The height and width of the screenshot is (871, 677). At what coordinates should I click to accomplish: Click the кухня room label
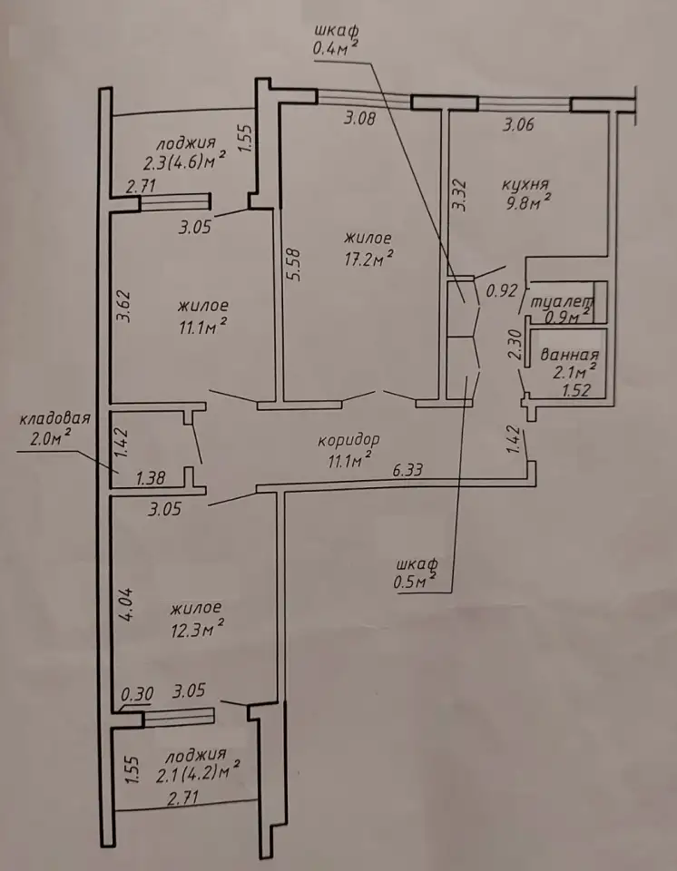(525, 184)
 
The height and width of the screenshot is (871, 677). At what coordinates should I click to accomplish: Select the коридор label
(349, 440)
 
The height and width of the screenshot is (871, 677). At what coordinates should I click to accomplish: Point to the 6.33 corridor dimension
(407, 471)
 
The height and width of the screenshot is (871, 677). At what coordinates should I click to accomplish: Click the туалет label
(562, 303)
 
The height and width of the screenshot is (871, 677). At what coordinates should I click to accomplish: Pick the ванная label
(570, 355)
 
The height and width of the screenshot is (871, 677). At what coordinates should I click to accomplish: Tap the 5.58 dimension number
(295, 264)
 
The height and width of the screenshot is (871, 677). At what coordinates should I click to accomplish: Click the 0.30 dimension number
(138, 694)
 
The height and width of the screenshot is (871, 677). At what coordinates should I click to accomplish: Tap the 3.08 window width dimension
(360, 118)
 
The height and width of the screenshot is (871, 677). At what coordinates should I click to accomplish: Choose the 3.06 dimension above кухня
(518, 124)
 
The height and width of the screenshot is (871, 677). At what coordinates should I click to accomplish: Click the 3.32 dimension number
(459, 194)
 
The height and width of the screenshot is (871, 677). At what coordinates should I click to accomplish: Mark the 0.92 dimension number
(502, 290)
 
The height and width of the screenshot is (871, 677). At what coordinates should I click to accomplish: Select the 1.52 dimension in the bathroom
(576, 390)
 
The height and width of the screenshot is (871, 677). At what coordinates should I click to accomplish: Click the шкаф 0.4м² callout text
(335, 39)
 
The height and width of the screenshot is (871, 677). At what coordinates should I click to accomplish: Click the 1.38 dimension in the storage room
(150, 477)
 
